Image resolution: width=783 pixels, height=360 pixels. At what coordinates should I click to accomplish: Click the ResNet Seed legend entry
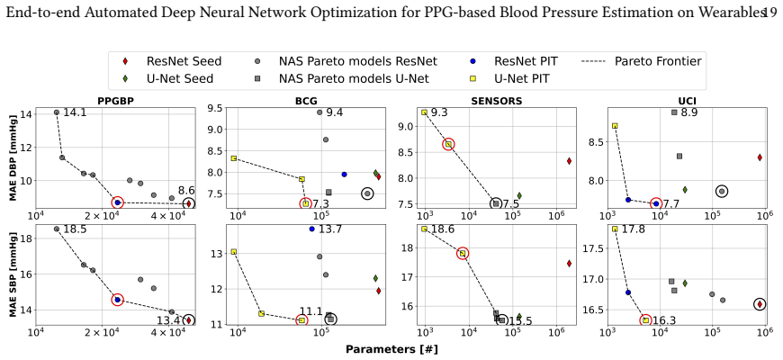point(172,61)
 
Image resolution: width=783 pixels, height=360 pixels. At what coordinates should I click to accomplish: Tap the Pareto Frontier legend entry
point(643,61)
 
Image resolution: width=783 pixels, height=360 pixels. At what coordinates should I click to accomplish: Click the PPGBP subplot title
point(117,101)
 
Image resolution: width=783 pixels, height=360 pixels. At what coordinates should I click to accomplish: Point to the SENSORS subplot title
point(497,101)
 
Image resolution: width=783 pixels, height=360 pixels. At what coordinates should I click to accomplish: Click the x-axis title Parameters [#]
point(391,349)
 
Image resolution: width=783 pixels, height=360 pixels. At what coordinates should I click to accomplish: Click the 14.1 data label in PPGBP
point(75,112)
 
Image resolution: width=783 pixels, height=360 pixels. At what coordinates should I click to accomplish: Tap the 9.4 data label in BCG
point(334,112)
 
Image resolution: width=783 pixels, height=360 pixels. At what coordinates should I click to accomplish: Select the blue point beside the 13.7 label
point(312,229)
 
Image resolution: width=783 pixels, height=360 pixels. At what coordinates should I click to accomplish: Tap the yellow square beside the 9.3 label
point(425,112)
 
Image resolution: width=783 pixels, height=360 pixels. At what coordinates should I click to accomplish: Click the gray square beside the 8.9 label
point(674,112)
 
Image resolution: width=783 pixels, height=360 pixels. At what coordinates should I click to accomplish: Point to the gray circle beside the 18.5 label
point(57,229)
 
